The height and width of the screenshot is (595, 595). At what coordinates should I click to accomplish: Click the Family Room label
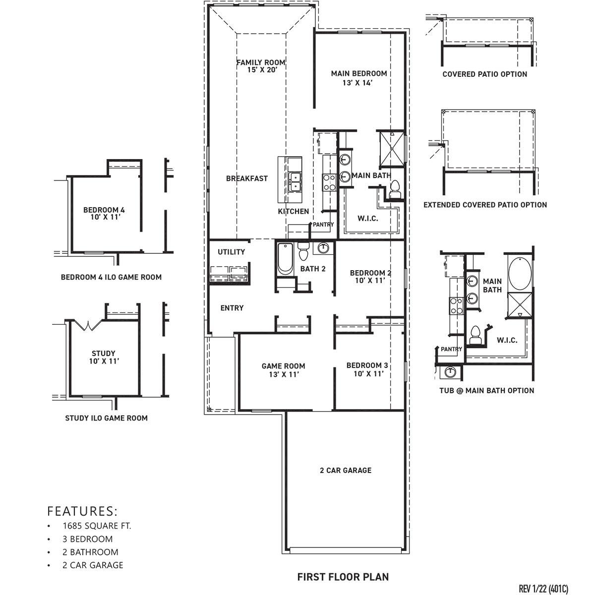(x=261, y=66)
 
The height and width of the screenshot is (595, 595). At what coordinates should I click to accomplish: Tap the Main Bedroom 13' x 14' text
(x=359, y=78)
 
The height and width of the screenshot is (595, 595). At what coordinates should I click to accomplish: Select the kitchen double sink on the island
(x=295, y=181)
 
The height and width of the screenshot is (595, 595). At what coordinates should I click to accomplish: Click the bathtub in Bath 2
(x=285, y=259)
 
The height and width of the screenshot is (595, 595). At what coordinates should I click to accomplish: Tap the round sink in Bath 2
(x=323, y=247)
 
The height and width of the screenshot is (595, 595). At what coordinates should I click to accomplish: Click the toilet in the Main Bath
(x=395, y=189)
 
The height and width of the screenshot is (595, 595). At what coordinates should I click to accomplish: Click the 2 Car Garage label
(x=345, y=470)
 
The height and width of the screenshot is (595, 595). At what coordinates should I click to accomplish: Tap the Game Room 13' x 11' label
(x=283, y=370)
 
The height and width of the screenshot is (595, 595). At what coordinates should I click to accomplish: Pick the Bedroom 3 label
(x=367, y=369)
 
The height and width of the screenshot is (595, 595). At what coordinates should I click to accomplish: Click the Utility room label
(x=231, y=252)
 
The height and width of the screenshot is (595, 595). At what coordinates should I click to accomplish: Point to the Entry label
(x=232, y=308)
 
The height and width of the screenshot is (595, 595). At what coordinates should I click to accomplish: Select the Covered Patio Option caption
(x=484, y=74)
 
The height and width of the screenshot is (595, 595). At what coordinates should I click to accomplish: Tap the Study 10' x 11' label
(x=103, y=357)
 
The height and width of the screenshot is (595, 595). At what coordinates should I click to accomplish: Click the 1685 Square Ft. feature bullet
(x=97, y=526)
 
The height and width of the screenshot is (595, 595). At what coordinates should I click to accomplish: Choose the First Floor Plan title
(x=343, y=577)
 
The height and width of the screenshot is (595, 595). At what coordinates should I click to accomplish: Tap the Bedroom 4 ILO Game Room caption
(x=111, y=277)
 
